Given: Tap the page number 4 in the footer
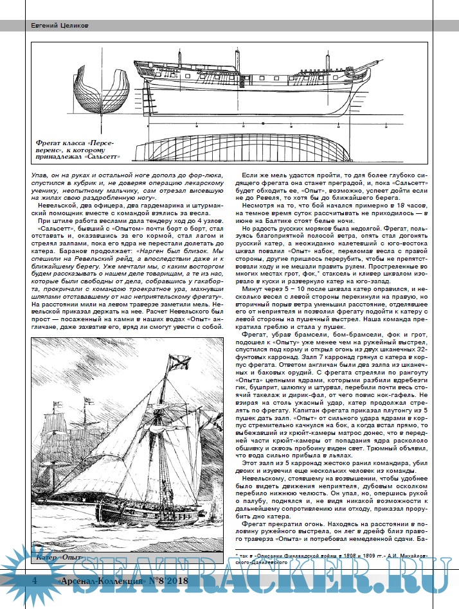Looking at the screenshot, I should (x=34, y=581).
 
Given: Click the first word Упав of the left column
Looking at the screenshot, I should (x=40, y=174).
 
